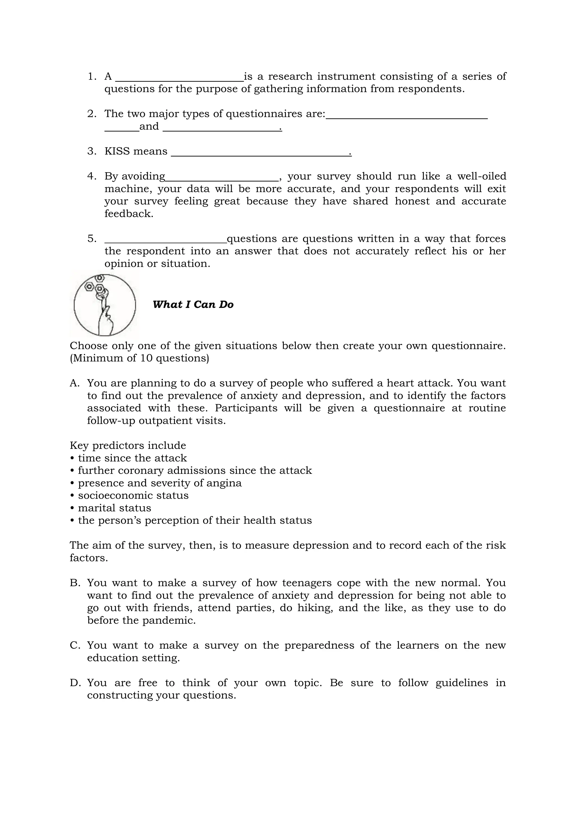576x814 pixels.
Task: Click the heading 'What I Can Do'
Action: click(193, 304)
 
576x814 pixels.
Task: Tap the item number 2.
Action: click(91, 114)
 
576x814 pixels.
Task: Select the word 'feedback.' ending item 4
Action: click(129, 214)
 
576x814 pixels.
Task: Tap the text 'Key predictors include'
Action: click(128, 445)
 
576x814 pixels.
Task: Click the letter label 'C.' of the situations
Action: click(75, 645)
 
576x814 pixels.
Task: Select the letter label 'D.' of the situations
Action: click(75, 683)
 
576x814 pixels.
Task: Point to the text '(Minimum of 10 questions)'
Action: click(139, 358)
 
